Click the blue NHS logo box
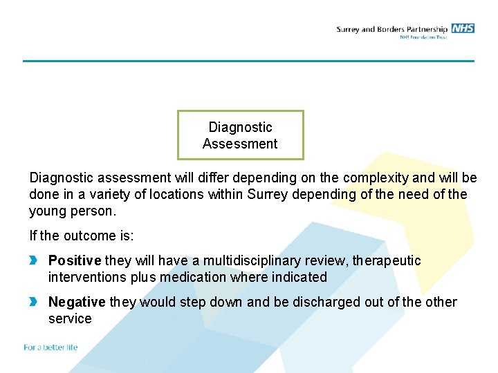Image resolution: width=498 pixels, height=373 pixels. [463, 28]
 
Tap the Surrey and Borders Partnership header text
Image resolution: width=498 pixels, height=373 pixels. [392, 29]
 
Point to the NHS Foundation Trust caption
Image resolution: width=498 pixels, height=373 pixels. [423, 37]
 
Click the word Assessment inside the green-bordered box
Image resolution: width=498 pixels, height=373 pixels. [240, 144]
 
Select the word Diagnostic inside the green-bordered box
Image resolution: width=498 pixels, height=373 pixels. [240, 127]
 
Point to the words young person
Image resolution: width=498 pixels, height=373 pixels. [73, 211]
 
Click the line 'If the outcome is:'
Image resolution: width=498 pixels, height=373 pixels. [81, 236]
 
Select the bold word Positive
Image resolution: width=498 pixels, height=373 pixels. [75, 260]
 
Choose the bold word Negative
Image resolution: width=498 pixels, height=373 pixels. [77, 302]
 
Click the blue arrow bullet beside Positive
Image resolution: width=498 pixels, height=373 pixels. [34, 260]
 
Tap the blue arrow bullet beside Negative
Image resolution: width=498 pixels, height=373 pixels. [34, 302]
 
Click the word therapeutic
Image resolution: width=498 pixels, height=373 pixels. [387, 260]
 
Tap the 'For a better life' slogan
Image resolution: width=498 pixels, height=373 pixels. [50, 347]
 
